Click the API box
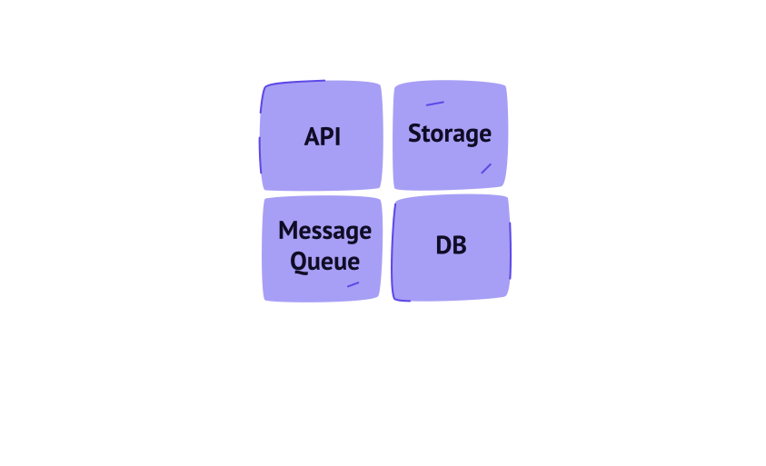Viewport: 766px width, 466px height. [322, 135]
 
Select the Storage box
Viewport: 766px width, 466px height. [451, 135]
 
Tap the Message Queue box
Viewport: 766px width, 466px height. [322, 249]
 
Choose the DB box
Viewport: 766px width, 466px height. [451, 248]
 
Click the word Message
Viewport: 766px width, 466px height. [325, 231]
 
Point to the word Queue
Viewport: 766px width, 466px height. [325, 262]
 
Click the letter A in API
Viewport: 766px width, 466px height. [313, 136]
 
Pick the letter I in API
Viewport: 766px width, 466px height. [338, 136]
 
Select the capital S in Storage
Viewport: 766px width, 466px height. [414, 134]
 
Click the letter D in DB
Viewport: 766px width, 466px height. [443, 245]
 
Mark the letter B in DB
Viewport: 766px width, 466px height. [459, 245]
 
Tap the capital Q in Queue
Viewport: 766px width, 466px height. [299, 263]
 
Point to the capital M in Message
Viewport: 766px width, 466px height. [290, 230]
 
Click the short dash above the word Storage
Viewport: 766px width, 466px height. [434, 104]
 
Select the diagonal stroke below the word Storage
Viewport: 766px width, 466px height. [486, 169]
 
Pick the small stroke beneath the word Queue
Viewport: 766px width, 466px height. [353, 284]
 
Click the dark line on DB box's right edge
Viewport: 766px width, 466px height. [510, 251]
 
